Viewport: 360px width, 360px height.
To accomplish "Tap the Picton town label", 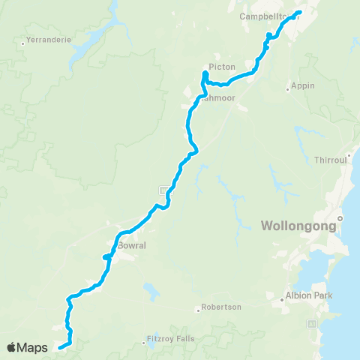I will point(222,67).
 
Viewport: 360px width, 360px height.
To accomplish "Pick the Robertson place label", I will point(220,307).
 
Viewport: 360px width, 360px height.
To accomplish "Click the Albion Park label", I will point(309,295).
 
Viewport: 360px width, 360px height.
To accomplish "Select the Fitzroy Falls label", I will point(170,338).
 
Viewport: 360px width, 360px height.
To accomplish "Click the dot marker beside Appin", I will point(288,90).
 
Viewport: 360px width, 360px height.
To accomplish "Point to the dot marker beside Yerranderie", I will point(23,43).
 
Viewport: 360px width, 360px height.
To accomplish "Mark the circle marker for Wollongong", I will point(340,218).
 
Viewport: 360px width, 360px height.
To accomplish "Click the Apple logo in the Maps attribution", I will point(12,347).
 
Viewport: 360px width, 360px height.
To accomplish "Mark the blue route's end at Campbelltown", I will point(299,12).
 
